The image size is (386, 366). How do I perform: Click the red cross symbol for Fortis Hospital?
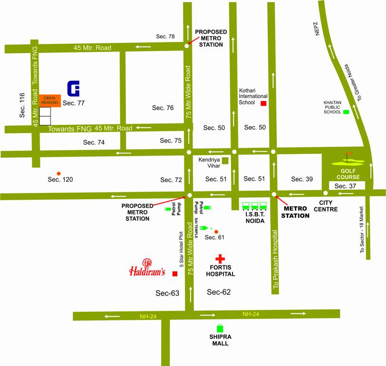pyautogui.click(x=220, y=259)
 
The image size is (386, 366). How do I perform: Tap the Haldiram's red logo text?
pyautogui.click(x=147, y=271)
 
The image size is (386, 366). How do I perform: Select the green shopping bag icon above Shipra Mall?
pyautogui.click(x=220, y=328)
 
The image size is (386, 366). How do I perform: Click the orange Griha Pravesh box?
pyautogui.click(x=50, y=101)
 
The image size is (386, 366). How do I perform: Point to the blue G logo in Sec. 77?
pyautogui.click(x=73, y=89)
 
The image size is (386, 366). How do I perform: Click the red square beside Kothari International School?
pyautogui.click(x=263, y=103)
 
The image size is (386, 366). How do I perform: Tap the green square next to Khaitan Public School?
pyautogui.click(x=346, y=112)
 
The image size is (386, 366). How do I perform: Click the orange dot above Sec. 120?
pyautogui.click(x=59, y=173)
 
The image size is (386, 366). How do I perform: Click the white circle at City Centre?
pyautogui.click(x=325, y=193)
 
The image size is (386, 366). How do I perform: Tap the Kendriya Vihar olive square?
pyautogui.click(x=225, y=161)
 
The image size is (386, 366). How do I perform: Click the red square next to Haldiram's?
pyautogui.click(x=175, y=274)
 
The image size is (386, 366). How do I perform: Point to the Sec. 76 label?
pyautogui.click(x=163, y=108)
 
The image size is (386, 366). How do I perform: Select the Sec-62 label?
pyautogui.click(x=219, y=292)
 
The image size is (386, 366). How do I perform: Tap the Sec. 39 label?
pyautogui.click(x=302, y=179)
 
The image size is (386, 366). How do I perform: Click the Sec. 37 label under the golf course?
pyautogui.click(x=345, y=186)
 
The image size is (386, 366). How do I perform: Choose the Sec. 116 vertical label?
pyautogui.click(x=22, y=105)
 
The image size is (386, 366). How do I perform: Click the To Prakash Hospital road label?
pyautogui.click(x=275, y=260)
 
